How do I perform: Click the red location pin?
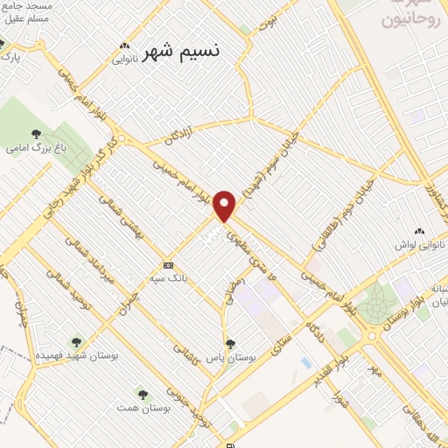pos(226,206)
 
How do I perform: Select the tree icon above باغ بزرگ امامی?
pos(36,134)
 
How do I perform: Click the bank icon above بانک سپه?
pos(169,265)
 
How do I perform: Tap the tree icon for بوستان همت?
pos(142,395)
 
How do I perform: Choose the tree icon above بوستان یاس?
pos(230,344)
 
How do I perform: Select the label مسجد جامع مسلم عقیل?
pos(26,10)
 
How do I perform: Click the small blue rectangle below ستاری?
pos(305,361)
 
